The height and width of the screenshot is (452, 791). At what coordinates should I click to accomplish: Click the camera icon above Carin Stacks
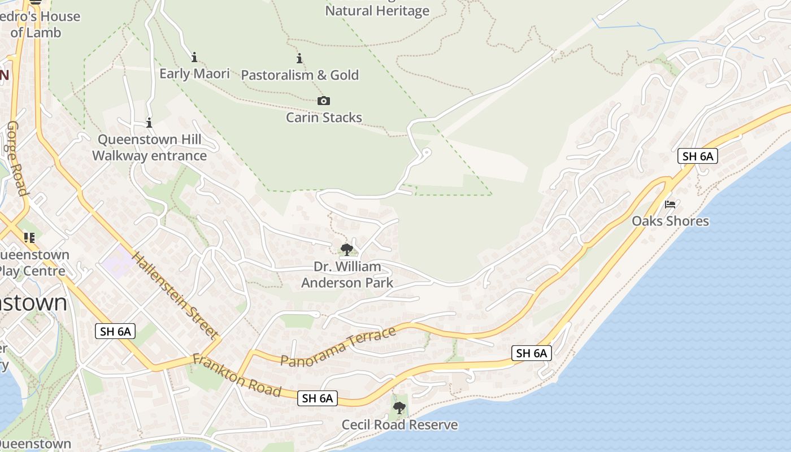pyautogui.click(x=324, y=101)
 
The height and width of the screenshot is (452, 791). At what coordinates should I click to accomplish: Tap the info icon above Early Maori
pyautogui.click(x=194, y=57)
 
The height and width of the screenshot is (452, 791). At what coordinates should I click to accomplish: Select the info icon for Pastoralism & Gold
pyautogui.click(x=299, y=58)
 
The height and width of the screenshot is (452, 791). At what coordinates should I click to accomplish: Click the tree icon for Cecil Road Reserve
pyautogui.click(x=399, y=407)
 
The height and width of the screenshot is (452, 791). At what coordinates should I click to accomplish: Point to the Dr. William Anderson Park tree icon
pyautogui.click(x=347, y=249)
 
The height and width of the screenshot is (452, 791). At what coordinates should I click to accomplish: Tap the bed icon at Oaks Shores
pyautogui.click(x=670, y=204)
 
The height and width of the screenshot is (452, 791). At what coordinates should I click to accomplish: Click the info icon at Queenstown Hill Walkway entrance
pyautogui.click(x=149, y=123)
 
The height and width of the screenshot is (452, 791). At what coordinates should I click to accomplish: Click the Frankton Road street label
pyautogui.click(x=237, y=375)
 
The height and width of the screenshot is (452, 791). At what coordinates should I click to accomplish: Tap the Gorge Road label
pyautogui.click(x=16, y=158)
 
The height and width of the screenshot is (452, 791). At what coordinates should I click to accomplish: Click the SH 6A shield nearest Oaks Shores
pyautogui.click(x=698, y=156)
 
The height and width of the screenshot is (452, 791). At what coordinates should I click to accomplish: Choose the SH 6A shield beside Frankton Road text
pyautogui.click(x=318, y=398)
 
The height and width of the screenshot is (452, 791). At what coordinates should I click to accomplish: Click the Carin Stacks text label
pyautogui.click(x=324, y=118)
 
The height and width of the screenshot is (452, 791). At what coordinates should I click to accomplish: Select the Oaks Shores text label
pyautogui.click(x=670, y=221)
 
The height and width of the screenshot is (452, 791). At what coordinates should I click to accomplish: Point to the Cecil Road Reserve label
pyautogui.click(x=399, y=425)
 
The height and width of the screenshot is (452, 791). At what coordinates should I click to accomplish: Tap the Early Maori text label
pyautogui.click(x=194, y=74)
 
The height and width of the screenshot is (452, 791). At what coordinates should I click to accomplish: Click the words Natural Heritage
pyautogui.click(x=377, y=11)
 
